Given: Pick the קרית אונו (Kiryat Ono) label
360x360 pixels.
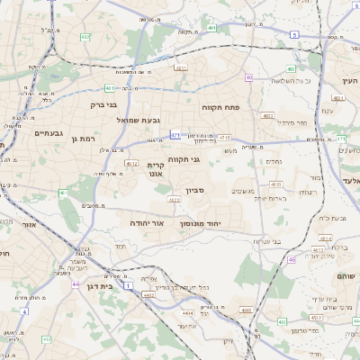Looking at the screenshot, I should (x=157, y=171).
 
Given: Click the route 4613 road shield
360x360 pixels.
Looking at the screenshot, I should (x=317, y=249).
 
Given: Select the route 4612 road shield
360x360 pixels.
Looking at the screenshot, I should (x=131, y=164).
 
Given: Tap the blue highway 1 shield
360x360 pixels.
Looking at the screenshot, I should (x=128, y=285).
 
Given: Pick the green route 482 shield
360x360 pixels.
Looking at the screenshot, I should (x=85, y=37).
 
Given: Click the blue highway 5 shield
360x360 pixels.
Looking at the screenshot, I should (x=294, y=34).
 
